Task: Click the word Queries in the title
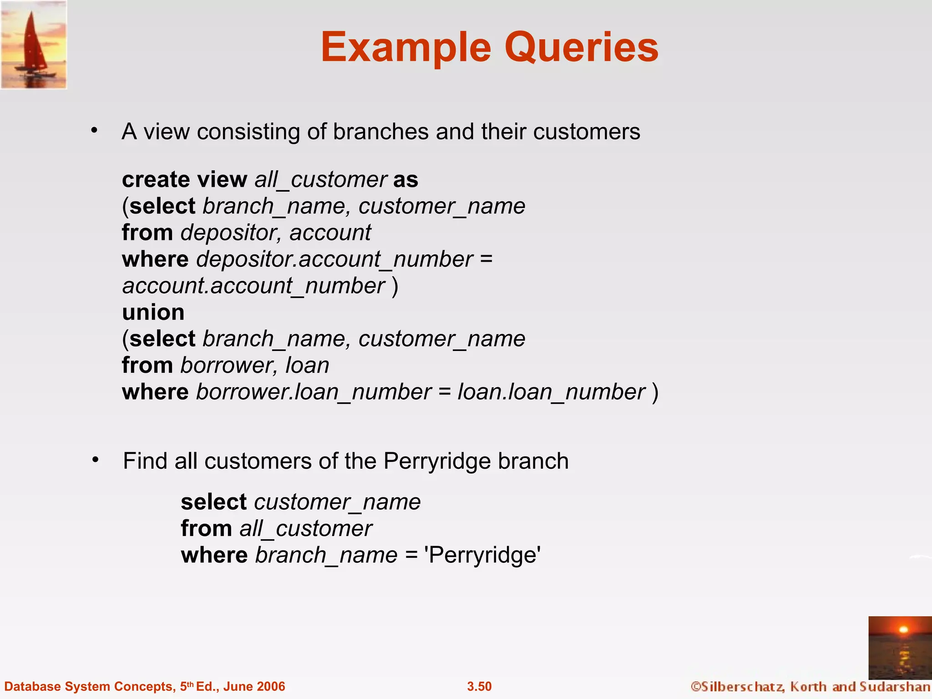coord(581,47)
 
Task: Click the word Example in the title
coord(406,47)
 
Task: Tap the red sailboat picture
coord(34,45)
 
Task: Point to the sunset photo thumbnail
coord(900,648)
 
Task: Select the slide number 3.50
coord(479,686)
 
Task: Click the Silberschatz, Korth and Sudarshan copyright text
coord(810,686)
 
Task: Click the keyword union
coord(153,312)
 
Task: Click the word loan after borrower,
coord(307,365)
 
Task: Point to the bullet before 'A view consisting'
coord(94,131)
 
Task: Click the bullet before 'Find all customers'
coord(95,460)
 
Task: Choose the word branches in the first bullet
coord(381,132)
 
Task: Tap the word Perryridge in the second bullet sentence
coord(437,461)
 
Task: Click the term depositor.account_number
coord(334,259)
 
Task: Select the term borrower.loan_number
coord(314,392)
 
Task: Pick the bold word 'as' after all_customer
coord(405,179)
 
